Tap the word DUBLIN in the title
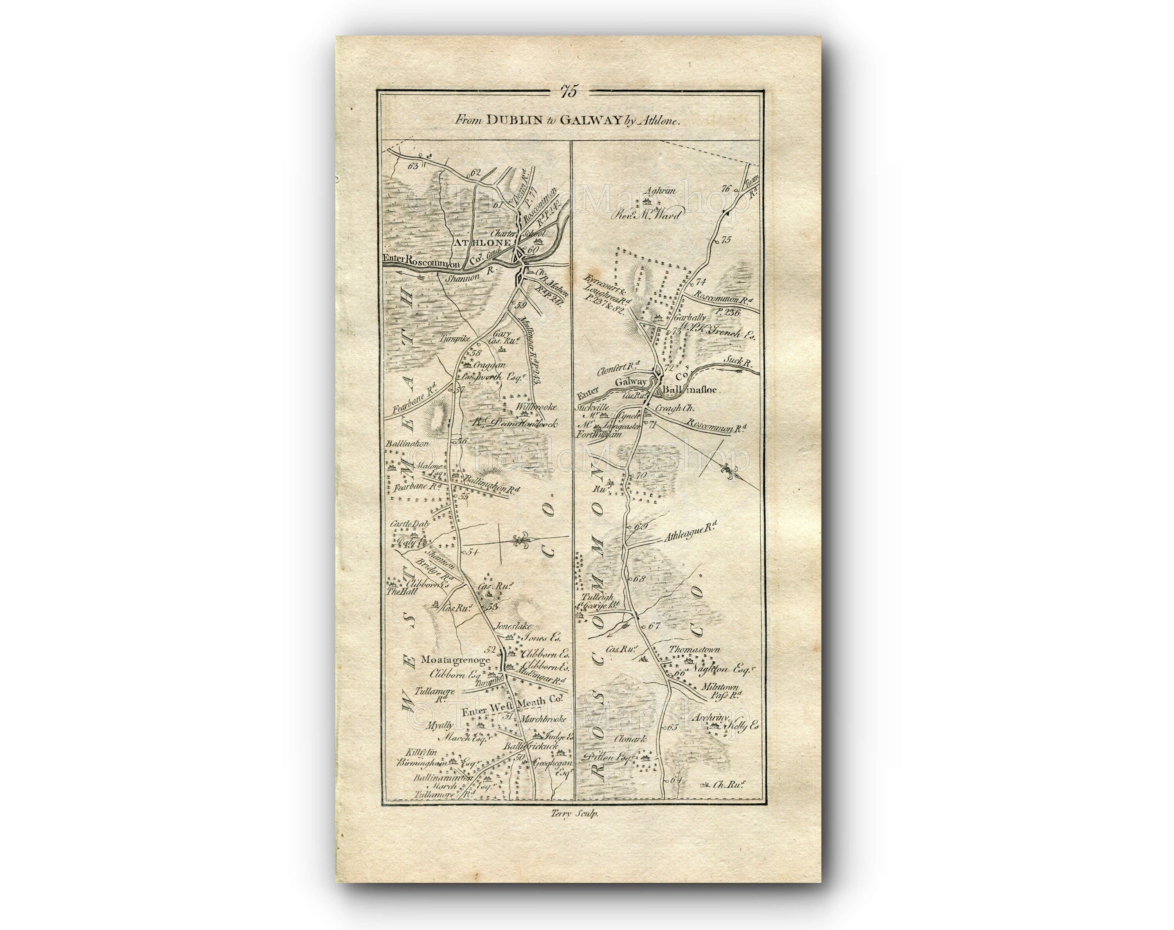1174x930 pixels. pos(512,121)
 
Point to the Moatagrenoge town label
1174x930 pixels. pos(455,660)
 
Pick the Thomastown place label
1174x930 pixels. pos(694,649)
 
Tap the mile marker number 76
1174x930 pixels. pos(724,189)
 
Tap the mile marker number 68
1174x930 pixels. pos(639,579)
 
